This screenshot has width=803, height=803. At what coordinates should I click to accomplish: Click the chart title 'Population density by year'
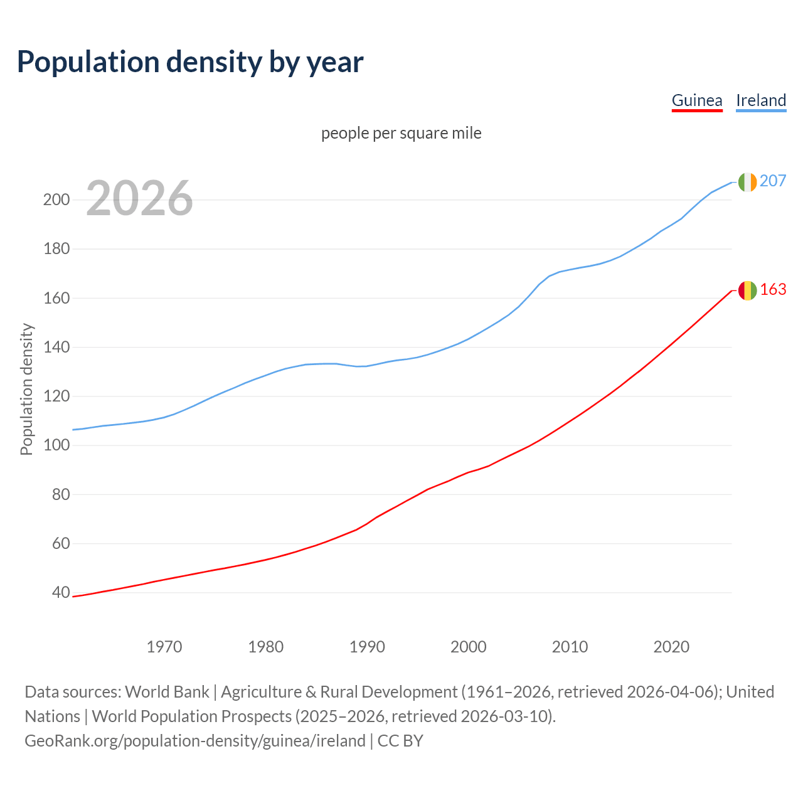click(190, 61)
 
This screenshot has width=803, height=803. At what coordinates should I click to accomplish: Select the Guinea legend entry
click(697, 100)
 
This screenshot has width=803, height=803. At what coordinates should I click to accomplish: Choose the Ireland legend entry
click(761, 100)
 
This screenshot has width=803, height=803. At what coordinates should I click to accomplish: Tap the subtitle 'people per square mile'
click(401, 133)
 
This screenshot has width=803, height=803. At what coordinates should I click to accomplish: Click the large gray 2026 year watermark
click(139, 198)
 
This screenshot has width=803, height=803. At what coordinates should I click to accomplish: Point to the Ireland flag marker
click(747, 182)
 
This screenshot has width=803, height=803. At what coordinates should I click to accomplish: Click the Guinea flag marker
click(747, 290)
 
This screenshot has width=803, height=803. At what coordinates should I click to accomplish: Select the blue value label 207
click(773, 181)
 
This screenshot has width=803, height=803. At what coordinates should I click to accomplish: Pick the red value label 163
click(773, 289)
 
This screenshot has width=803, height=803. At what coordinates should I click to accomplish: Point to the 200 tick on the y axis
click(56, 200)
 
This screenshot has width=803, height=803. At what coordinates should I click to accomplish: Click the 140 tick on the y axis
click(56, 347)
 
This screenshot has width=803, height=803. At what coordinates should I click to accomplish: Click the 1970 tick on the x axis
click(164, 647)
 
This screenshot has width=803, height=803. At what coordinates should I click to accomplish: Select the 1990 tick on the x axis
click(367, 647)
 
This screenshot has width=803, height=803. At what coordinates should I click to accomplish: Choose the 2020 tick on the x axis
click(671, 647)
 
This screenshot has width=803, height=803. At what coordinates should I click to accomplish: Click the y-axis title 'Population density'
click(26, 389)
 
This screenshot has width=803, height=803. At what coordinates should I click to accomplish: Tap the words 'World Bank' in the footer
click(167, 692)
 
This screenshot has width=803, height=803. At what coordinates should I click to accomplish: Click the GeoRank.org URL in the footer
click(194, 741)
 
